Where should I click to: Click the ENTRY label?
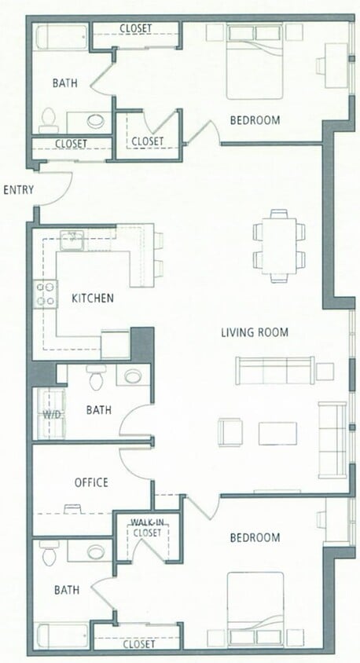(17, 190)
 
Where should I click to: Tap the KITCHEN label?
(93, 299)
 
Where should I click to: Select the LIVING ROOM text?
(254, 332)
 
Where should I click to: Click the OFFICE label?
(90, 482)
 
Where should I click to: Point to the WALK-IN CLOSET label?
(146, 527)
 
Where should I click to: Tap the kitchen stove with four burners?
(45, 294)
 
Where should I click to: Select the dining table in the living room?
(279, 245)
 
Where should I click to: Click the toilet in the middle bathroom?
(97, 379)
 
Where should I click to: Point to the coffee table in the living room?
(278, 433)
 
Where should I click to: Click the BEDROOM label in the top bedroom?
(255, 120)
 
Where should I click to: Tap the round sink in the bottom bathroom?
(96, 552)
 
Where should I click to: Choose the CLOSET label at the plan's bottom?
(139, 643)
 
